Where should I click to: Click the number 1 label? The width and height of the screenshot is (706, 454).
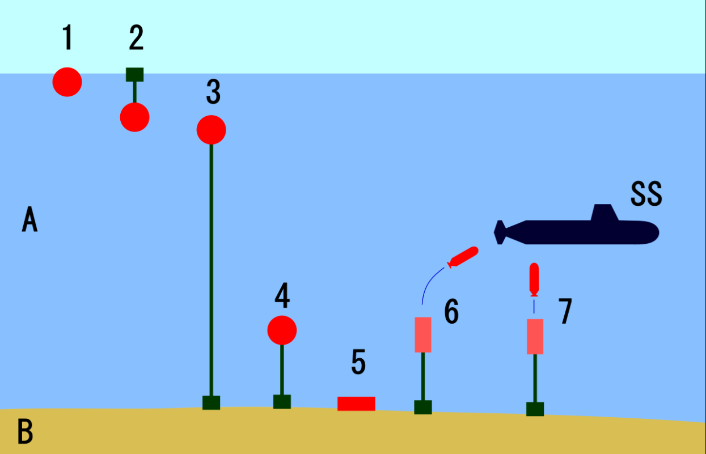coord(67,37)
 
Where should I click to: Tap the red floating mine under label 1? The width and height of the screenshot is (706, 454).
coord(67,82)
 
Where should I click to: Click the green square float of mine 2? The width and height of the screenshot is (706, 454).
coord(135,75)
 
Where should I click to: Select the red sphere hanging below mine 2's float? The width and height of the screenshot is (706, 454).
coord(134,117)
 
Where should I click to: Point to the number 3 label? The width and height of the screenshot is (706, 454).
coord(213,92)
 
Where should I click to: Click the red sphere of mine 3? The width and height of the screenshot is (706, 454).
coord(211,130)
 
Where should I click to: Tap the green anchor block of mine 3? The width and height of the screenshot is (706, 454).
coord(211,402)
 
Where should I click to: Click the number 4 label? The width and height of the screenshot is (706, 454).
coord(282,295)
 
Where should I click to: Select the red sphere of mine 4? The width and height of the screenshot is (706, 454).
coord(282,330)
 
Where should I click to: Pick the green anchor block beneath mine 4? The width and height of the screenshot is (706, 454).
coord(282,402)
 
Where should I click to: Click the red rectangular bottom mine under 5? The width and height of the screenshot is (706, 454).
coord(356,404)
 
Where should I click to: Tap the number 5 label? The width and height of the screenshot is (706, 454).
coord(358,362)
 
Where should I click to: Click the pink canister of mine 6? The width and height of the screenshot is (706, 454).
coord(423,334)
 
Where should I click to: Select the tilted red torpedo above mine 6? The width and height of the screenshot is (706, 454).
coord(463,257)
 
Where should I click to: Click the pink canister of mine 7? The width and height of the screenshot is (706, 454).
coord(535,337)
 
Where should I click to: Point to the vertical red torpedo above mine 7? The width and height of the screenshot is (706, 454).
coord(534,280)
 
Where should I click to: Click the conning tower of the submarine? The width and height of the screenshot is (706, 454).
coord(604,213)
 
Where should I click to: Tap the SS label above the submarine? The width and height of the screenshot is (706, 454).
coord(646,194)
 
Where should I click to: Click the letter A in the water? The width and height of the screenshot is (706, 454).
coord(29,219)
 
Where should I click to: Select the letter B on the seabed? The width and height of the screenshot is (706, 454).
coord(25,431)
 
